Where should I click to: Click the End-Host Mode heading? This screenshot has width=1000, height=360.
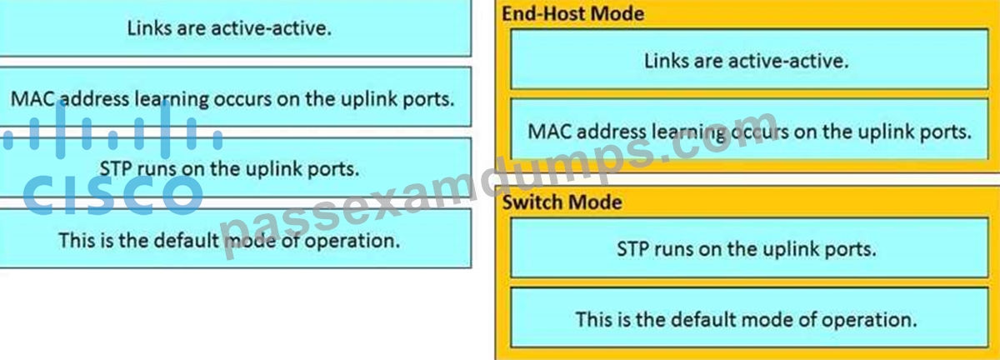pyautogui.click(x=572, y=14)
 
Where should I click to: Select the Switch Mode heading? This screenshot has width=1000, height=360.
pyautogui.click(x=562, y=202)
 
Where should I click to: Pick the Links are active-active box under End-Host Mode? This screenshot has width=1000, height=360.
pyautogui.click(x=749, y=59)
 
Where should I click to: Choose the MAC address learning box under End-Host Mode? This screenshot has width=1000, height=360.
pyautogui.click(x=749, y=129)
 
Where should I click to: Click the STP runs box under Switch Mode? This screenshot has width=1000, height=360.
pyautogui.click(x=749, y=247)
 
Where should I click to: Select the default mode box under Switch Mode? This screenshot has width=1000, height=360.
pyautogui.click(x=749, y=317)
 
